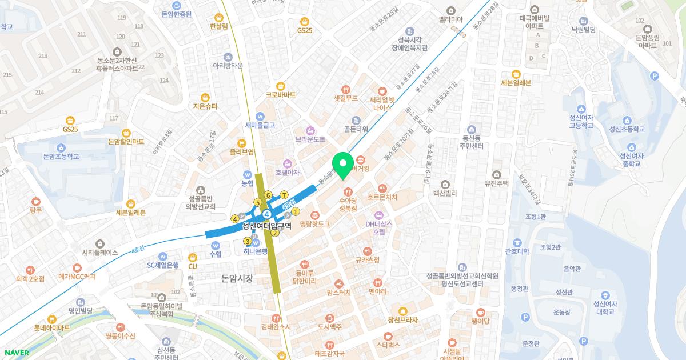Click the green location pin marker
(343, 165)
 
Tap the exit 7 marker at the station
(284, 195)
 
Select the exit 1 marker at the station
(296, 211)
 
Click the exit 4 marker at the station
(234, 218)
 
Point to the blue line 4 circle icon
(266, 214)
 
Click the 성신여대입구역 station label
(266, 226)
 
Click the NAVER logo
(16, 352)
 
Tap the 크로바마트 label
(280, 94)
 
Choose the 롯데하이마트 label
(51, 328)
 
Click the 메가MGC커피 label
(77, 277)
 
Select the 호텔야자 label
(288, 172)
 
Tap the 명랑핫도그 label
(315, 224)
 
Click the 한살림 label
(219, 26)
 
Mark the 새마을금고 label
(260, 125)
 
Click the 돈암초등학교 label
(61, 156)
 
